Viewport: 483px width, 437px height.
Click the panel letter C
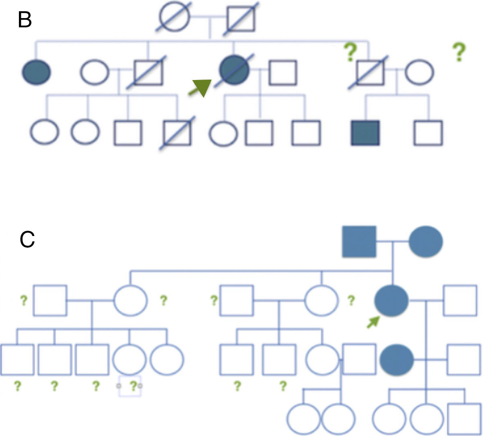(x=27, y=240)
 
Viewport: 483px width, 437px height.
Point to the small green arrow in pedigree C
(x=373, y=322)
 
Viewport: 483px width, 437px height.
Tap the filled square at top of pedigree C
(x=359, y=242)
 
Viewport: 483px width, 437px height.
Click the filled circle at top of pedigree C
(x=426, y=242)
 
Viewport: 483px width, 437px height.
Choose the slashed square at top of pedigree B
(x=240, y=18)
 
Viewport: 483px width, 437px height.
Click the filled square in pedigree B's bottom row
(x=365, y=133)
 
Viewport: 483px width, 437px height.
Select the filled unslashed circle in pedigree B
(x=37, y=72)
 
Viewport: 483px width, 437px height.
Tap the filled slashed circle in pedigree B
(x=234, y=72)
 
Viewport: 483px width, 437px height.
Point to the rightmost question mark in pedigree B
(x=458, y=52)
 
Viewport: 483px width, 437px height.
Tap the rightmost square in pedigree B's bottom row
(x=429, y=133)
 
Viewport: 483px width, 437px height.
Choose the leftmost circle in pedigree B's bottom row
(x=44, y=132)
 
